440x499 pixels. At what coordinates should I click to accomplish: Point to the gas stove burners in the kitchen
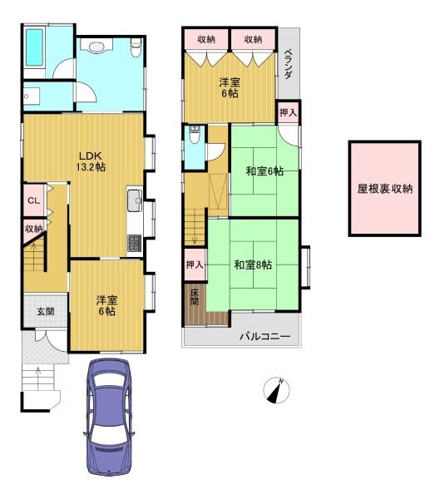click(134, 242)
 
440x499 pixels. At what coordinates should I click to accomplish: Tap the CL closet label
click(33, 200)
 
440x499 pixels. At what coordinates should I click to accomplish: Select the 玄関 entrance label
click(45, 312)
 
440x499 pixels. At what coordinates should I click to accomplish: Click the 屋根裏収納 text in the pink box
click(384, 188)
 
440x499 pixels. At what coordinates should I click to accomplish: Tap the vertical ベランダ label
click(289, 62)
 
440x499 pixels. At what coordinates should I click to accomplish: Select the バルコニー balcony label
click(264, 337)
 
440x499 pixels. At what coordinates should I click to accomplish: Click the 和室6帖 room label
click(264, 171)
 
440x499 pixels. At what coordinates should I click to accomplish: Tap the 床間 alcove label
click(194, 297)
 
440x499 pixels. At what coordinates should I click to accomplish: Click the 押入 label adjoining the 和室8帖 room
click(194, 265)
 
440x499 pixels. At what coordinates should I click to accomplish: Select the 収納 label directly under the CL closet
click(33, 228)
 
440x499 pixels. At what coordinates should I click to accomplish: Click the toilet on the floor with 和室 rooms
click(194, 136)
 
